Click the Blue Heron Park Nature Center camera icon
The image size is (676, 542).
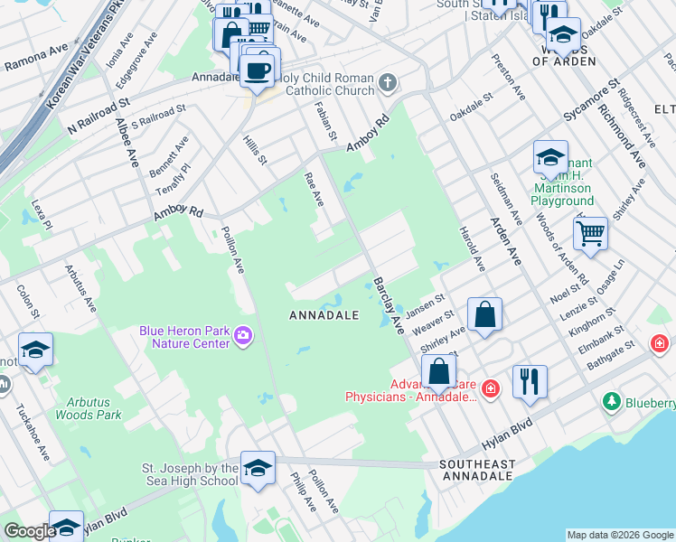click(242, 337)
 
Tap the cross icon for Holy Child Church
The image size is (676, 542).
click(388, 84)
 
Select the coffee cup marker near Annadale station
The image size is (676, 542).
click(258, 69)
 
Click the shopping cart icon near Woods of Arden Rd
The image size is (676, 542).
click(590, 235)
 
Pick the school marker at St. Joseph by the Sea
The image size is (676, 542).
click(258, 468)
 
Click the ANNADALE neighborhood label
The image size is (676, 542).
click(324, 315)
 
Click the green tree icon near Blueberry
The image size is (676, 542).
click(612, 400)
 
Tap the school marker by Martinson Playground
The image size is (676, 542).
click(549, 156)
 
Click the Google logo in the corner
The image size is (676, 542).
click(30, 531)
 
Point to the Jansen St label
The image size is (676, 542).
click(426, 307)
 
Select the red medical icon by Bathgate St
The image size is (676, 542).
click(661, 344)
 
